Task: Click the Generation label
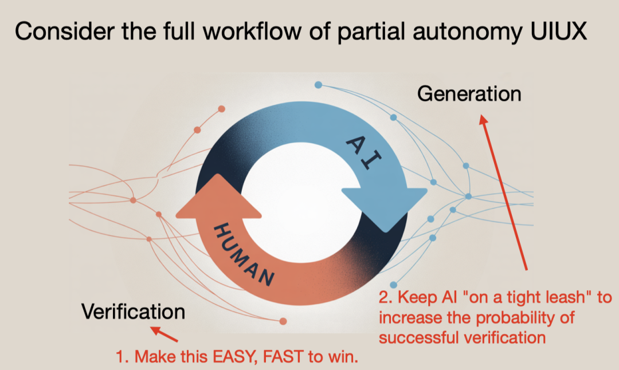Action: tap(469, 95)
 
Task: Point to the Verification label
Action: tap(133, 312)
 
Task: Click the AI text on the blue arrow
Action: tap(363, 153)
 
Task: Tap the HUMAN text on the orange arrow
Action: tap(244, 254)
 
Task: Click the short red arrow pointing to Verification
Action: tap(164, 334)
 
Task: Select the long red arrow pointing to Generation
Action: tap(503, 192)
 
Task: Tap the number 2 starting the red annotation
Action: tap(385, 297)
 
